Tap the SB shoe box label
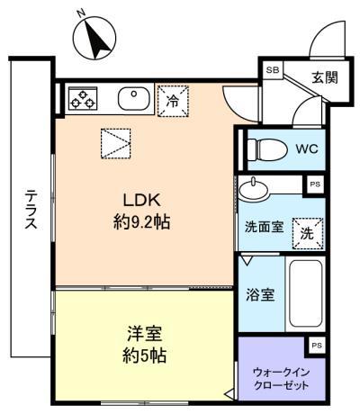click(273, 70)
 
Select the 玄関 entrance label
click(325, 77)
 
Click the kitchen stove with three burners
click(83, 98)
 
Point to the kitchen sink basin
click(134, 99)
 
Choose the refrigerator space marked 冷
click(173, 101)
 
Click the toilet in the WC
click(266, 149)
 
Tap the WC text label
click(307, 148)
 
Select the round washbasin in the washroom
click(254, 190)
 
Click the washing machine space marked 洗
click(308, 234)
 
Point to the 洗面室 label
click(264, 227)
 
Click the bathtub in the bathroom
click(306, 294)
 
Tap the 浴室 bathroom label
click(260, 294)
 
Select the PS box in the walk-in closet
click(317, 346)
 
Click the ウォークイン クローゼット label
click(281, 379)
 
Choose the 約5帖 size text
click(144, 355)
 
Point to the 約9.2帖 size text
click(142, 222)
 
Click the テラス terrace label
click(31, 209)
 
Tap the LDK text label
click(142, 200)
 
